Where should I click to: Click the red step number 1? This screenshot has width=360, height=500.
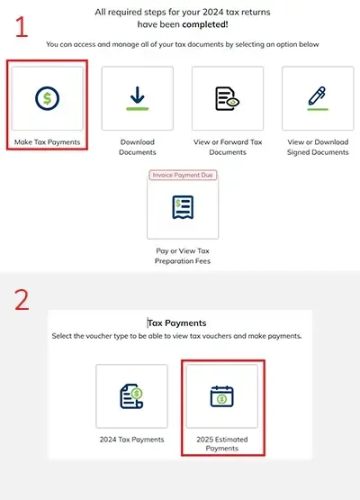tap(21, 24)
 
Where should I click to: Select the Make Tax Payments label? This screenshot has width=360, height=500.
tap(47, 141)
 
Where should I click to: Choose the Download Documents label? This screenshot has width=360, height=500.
tap(137, 147)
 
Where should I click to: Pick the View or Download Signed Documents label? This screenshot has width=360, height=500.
tap(317, 147)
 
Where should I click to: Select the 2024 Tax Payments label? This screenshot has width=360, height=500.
tap(131, 439)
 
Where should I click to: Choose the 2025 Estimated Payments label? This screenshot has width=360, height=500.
tap(221, 443)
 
